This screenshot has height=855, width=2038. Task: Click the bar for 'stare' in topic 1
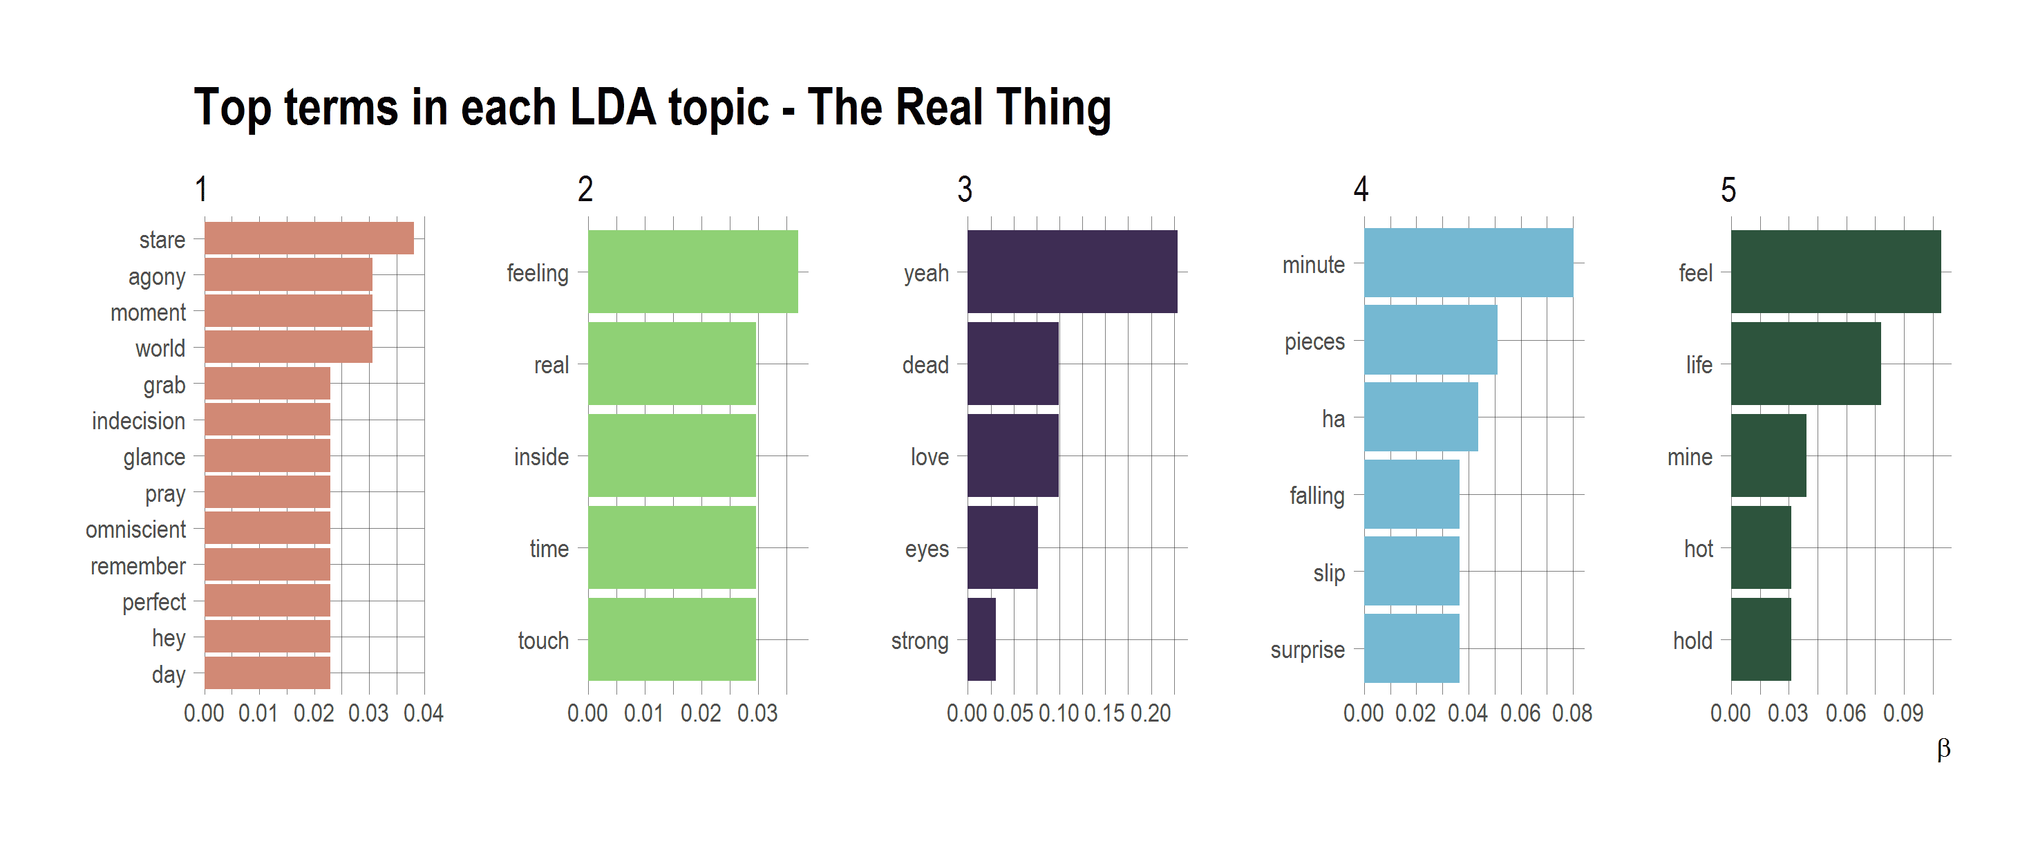308,238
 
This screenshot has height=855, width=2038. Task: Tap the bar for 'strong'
981,639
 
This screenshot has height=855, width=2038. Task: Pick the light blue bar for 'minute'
1468,263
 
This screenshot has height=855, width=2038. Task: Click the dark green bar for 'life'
1804,363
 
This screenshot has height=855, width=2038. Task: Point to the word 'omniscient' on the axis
135,529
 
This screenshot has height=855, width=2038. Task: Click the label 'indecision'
138,421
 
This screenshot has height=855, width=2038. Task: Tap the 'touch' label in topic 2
542,640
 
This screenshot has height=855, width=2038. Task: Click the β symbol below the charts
1943,749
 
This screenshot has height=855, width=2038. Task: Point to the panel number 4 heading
1360,190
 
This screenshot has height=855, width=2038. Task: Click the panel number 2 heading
585,190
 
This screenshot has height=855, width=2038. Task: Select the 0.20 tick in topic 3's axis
1151,713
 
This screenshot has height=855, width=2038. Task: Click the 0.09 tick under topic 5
1903,713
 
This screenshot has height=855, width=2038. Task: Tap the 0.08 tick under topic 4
1572,713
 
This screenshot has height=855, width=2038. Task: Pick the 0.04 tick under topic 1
423,713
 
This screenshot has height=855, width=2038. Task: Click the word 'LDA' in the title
612,108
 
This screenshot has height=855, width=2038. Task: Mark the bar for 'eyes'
1001,547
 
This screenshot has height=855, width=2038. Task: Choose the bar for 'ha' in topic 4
1420,417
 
